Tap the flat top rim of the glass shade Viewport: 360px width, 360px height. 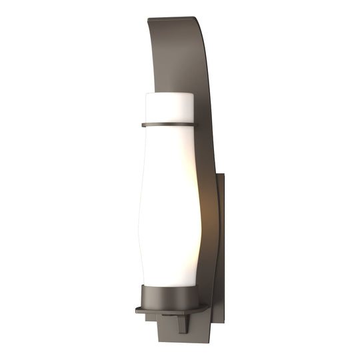point(169,95)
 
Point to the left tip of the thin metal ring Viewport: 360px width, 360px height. point(143,125)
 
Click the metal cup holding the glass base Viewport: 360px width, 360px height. point(171,297)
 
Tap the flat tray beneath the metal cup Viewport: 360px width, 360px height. point(167,310)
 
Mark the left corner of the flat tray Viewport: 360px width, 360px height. point(137,310)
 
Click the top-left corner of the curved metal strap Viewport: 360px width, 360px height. point(148,19)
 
